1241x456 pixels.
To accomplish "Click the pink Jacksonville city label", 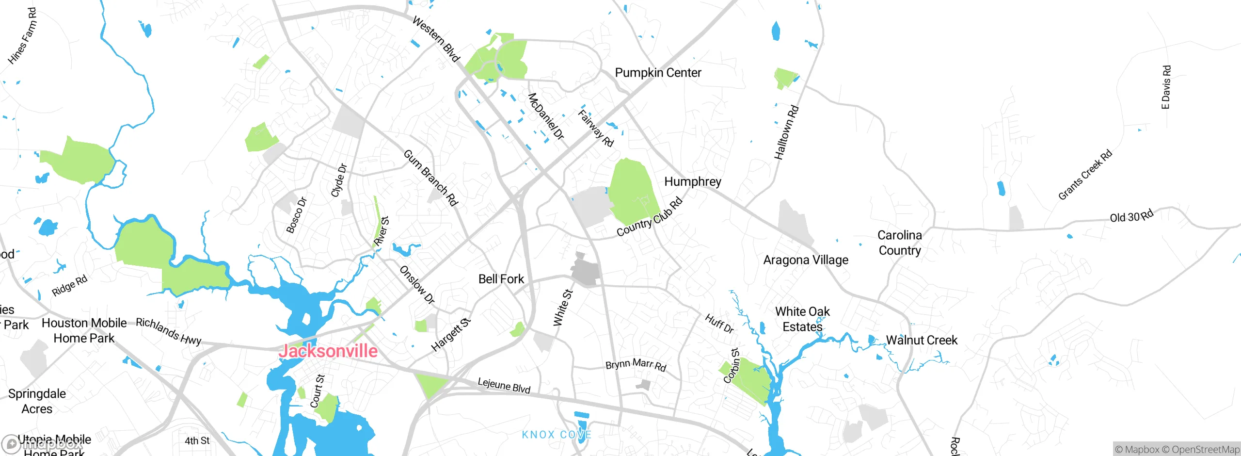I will [328, 351].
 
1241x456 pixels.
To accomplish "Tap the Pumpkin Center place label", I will [658, 73].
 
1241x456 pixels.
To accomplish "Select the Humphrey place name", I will [692, 181].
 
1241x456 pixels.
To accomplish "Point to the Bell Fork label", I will [501, 279].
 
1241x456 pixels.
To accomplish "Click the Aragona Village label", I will [806, 260].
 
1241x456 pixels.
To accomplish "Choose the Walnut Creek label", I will [922, 340].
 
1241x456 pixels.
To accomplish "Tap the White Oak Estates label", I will [802, 319].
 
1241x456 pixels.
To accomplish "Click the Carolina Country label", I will [900, 243].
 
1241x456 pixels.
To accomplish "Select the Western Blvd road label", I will [436, 39].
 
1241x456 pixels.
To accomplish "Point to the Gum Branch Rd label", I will [430, 178].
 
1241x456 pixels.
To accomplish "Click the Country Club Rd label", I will [650, 217].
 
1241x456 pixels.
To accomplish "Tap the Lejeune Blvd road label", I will [504, 385].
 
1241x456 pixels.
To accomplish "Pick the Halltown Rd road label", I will [786, 132].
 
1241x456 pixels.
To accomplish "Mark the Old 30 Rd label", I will [1131, 216].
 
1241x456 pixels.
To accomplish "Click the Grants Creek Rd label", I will [1085, 175].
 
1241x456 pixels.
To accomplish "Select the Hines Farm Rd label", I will [22, 36].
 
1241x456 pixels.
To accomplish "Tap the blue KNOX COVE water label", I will [556, 435].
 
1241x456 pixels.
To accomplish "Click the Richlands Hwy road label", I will [168, 331].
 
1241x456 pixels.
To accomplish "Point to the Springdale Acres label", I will [37, 401].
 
